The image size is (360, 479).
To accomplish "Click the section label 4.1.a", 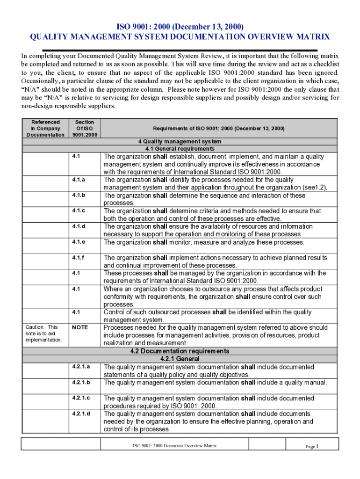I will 79,180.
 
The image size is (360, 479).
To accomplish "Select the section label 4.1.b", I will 79,195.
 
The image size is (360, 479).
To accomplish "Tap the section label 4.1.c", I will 79,210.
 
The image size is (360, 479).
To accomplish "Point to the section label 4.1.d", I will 79,226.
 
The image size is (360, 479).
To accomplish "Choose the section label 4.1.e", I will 79,242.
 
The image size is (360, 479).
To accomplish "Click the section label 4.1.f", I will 79,258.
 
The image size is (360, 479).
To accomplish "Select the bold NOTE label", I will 79,327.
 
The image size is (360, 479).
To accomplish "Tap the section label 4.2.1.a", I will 81,367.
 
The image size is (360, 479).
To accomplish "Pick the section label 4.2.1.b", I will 81,382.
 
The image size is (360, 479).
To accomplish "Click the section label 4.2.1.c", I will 81,398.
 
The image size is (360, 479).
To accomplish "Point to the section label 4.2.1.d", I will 81,414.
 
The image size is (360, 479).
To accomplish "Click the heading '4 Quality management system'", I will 180,141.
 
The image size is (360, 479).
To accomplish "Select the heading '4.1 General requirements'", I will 180,148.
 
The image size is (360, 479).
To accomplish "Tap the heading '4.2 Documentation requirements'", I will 180,351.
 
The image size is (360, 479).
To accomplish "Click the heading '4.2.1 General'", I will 180,359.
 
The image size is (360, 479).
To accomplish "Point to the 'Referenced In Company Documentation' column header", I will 45,128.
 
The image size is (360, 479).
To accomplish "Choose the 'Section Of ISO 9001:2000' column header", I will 85,128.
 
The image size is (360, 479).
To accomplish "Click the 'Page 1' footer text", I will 312,446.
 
